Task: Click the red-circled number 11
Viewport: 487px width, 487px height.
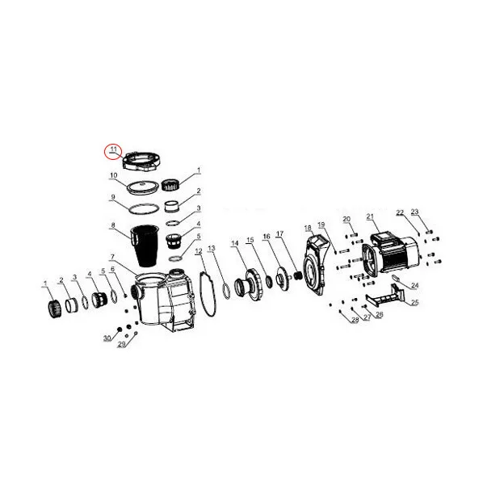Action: click(113, 149)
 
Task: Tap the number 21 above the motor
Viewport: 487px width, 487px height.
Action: click(370, 216)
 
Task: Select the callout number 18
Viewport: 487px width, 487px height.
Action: click(308, 229)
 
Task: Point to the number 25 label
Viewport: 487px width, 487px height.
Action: click(415, 302)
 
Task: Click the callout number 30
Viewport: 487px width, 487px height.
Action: click(107, 338)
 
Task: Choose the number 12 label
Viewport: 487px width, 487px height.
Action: click(199, 251)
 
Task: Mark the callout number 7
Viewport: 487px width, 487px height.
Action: click(112, 257)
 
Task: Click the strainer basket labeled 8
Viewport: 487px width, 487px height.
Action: click(145, 245)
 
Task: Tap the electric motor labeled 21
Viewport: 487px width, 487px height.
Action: click(392, 255)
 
